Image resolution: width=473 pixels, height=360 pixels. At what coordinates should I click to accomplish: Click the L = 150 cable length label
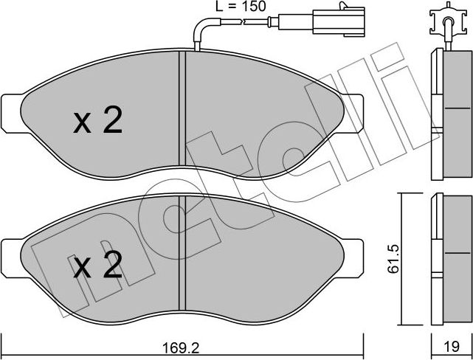pyautogui.click(x=235, y=7)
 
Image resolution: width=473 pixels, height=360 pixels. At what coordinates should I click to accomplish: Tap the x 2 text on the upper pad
pyautogui.click(x=98, y=122)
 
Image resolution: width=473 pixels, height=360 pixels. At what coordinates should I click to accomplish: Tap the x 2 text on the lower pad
pyautogui.click(x=98, y=267)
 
